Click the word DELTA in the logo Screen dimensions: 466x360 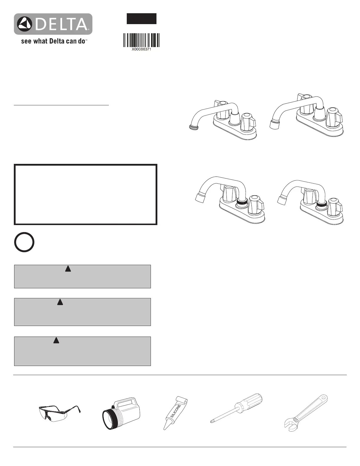point(61,24)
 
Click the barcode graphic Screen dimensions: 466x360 point(141,40)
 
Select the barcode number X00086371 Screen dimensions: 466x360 point(141,50)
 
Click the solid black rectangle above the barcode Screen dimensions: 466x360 point(141,19)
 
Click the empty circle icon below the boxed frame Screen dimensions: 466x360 point(24,242)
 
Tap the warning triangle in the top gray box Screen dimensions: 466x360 point(68,269)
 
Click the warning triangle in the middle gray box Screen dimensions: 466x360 point(60,302)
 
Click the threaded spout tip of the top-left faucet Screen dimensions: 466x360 point(192,127)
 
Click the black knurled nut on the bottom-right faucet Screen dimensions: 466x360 point(321,203)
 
